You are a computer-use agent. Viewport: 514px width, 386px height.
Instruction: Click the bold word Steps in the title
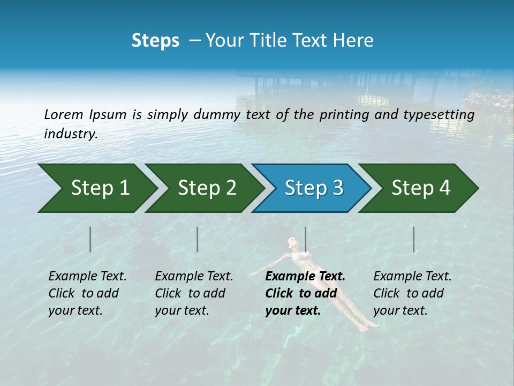point(155,41)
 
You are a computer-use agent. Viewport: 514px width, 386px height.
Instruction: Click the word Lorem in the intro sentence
point(64,114)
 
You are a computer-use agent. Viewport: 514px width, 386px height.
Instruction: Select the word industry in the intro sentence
point(71,133)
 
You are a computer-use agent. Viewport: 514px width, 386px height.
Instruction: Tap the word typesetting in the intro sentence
point(438,115)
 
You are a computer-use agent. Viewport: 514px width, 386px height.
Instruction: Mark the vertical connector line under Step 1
point(90,239)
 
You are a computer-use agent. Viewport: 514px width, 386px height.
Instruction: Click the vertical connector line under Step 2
point(198,239)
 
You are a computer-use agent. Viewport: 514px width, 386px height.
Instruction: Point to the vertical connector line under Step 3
point(305,239)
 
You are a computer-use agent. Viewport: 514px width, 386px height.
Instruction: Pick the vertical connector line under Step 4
point(414,239)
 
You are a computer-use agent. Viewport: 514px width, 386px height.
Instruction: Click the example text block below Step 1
point(87,293)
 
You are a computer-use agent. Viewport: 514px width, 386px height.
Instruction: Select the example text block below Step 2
point(194,293)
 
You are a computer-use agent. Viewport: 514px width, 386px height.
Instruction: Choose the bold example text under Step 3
point(305,293)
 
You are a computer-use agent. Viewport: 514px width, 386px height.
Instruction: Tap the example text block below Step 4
point(412,293)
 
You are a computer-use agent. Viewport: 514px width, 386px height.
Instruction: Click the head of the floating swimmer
point(292,242)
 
